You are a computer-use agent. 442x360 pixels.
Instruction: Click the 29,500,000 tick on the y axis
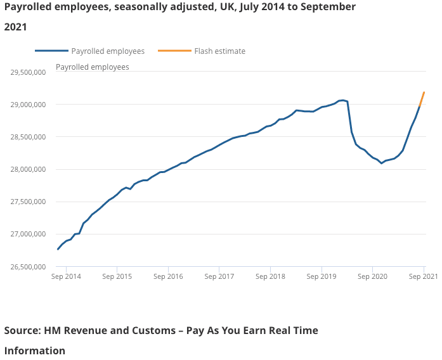tap(28, 72)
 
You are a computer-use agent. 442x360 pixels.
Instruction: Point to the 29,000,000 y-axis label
tap(28, 105)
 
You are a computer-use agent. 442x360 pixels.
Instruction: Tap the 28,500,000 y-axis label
tap(28, 137)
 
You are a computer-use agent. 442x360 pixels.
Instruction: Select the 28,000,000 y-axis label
tap(28, 169)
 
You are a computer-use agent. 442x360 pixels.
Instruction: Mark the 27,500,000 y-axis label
tap(28, 202)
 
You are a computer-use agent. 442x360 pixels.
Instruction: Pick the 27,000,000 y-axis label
tap(28, 235)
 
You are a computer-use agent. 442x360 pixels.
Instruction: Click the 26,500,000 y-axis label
tap(28, 267)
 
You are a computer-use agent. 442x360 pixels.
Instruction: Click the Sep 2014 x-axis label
tap(66, 276)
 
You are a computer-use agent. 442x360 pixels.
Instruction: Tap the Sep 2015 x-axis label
tap(117, 276)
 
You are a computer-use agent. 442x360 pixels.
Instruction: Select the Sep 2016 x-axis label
tap(168, 276)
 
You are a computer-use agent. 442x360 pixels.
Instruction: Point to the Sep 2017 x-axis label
tap(219, 276)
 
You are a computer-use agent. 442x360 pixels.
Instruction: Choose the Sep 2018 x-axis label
tap(270, 276)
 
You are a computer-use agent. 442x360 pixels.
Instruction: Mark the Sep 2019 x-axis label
tap(322, 276)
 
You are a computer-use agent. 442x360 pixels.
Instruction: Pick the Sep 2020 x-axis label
tap(372, 276)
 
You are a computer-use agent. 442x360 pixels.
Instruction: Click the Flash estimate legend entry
tap(219, 51)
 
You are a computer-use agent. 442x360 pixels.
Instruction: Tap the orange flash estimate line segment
tap(422, 98)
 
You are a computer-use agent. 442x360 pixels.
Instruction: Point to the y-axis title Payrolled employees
tap(93, 67)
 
